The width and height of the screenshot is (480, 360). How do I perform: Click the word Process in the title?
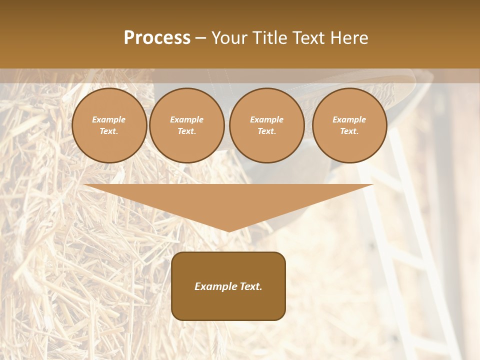(157, 38)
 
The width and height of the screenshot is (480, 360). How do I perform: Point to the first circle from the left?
(109, 125)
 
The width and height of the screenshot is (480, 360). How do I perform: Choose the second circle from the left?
(187, 125)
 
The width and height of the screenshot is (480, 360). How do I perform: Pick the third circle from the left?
(266, 125)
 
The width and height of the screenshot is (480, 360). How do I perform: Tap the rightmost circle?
(349, 125)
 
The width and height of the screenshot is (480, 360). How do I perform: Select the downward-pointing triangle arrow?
(228, 202)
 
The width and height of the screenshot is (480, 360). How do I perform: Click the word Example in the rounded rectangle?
(215, 286)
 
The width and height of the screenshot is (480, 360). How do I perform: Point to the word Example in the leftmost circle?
(109, 120)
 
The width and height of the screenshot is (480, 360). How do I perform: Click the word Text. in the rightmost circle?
(349, 131)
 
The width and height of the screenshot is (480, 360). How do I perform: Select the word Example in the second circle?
(187, 120)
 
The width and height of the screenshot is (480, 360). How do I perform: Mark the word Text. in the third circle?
(266, 131)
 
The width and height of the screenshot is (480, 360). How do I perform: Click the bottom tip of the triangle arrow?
(228, 231)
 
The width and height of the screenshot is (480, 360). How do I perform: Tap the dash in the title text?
(200, 38)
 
